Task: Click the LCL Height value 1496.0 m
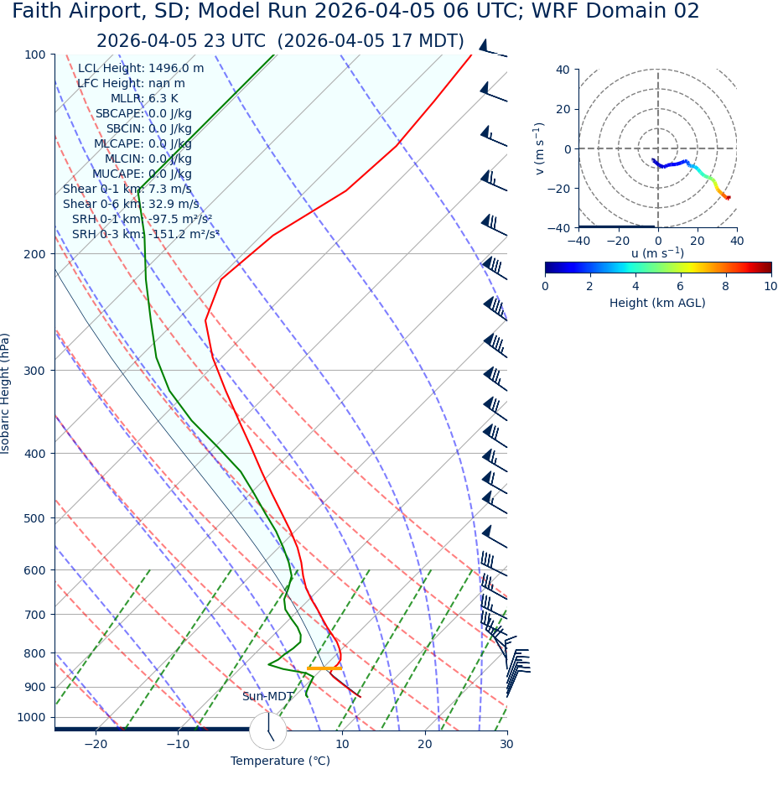176,69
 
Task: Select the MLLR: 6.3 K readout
144,99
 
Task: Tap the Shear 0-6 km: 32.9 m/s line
131,204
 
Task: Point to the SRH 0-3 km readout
145,234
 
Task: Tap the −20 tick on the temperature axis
96,744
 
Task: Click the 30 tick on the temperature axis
506,744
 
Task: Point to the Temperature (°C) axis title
280,762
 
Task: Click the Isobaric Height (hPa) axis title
6,393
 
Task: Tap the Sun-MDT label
267,697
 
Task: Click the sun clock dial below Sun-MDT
268,731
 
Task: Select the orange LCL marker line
324,668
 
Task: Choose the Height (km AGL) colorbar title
657,303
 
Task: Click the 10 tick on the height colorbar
770,286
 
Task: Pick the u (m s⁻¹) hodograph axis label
657,253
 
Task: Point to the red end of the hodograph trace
728,198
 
